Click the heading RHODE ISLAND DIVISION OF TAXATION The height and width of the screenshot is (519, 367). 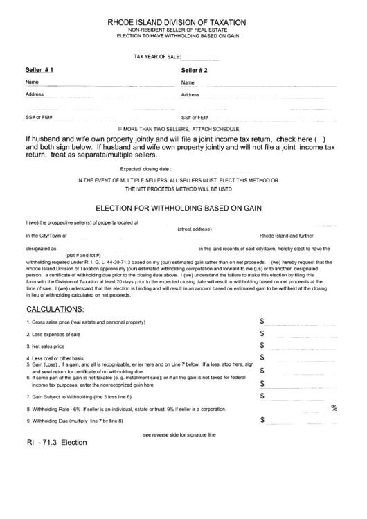[x=183, y=22]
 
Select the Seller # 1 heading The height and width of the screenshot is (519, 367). [x=39, y=71]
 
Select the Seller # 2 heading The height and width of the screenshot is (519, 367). [x=195, y=71]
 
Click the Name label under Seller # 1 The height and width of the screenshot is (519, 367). [x=32, y=82]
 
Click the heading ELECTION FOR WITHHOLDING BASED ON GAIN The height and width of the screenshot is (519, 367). [x=183, y=206]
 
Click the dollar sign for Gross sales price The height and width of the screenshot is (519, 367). [x=262, y=322]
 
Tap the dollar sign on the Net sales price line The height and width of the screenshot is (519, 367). [x=262, y=345]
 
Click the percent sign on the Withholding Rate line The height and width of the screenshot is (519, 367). [x=334, y=408]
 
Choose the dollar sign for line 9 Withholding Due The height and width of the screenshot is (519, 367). [x=262, y=420]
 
